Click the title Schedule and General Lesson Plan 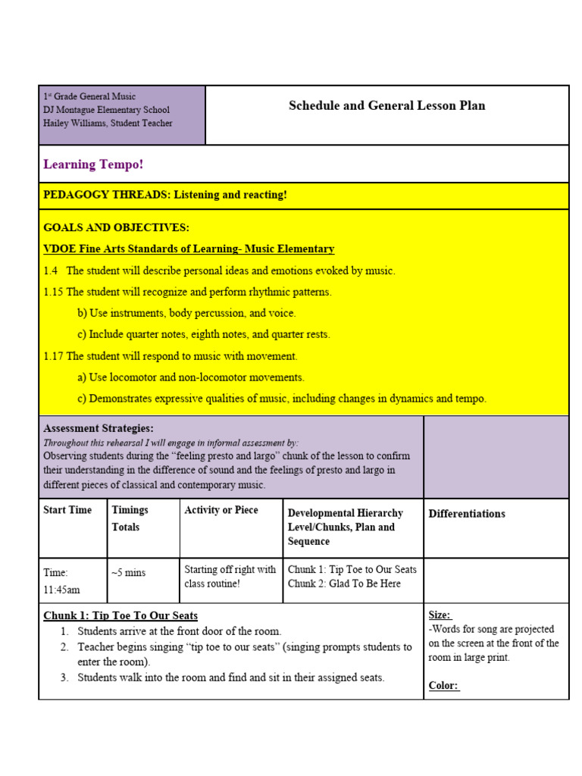click(x=386, y=105)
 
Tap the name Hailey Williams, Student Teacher click(x=108, y=123)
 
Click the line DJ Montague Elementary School click(x=106, y=110)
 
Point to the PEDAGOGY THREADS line click(x=165, y=195)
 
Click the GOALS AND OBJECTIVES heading click(x=116, y=227)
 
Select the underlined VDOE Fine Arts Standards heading click(x=189, y=249)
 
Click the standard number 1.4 click(x=51, y=271)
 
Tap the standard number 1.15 click(x=53, y=292)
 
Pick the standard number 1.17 click(x=53, y=355)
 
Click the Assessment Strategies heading click(x=98, y=428)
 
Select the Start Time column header click(x=67, y=510)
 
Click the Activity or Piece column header click(x=221, y=510)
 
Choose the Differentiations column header click(x=467, y=514)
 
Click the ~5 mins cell click(x=128, y=573)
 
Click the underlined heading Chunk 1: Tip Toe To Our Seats click(x=120, y=615)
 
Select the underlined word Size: click(x=440, y=615)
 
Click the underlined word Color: click(x=443, y=685)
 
